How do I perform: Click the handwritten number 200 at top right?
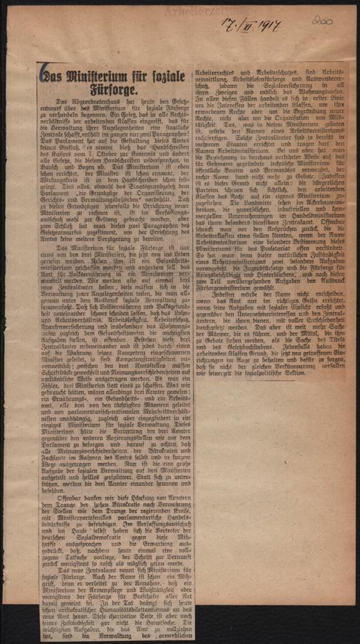(320, 22)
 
